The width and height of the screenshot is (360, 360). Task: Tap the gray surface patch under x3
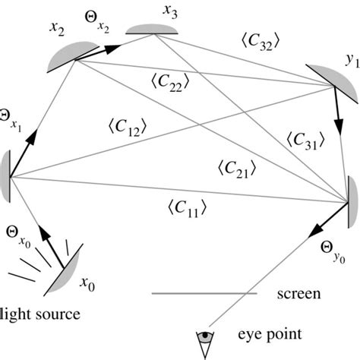pos(152,30)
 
